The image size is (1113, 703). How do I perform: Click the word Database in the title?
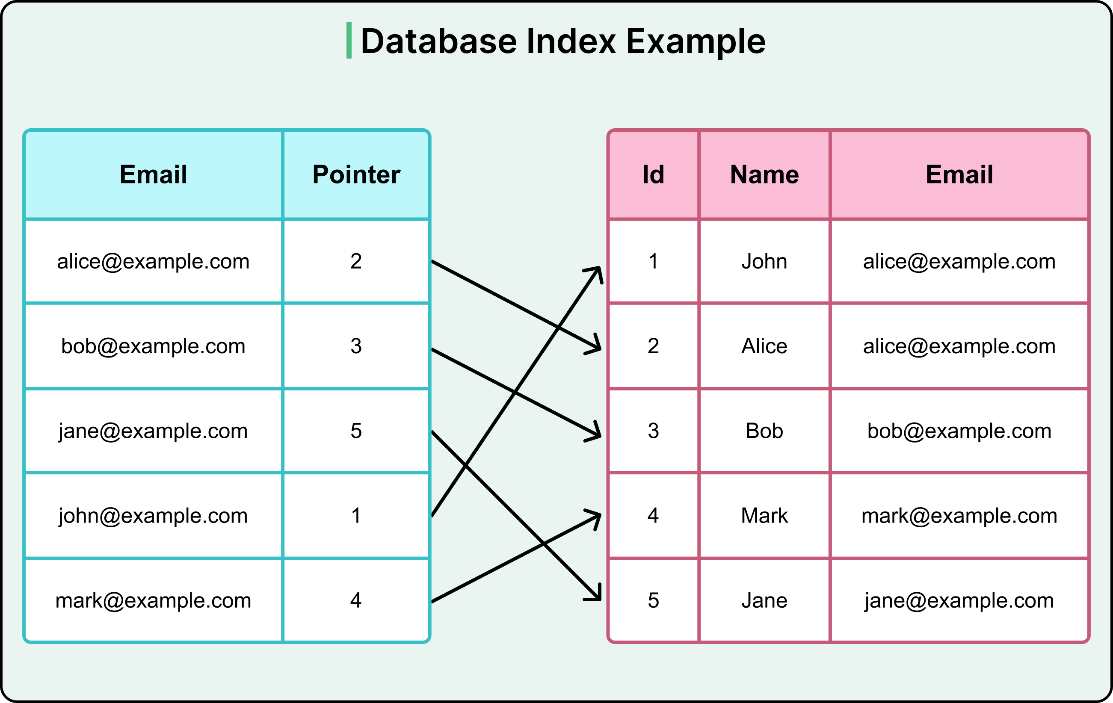pos(438,41)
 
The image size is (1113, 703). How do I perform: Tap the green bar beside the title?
pos(349,40)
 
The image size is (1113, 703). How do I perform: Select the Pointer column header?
pos(356,175)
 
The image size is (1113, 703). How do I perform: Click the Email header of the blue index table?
pos(153,175)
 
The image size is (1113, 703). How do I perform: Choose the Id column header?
pos(653,175)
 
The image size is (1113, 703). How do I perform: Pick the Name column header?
pos(764,175)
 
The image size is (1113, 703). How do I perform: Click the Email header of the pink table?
pos(959,175)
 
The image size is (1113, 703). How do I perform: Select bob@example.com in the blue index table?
pos(153,346)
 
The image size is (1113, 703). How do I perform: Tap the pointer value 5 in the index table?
pos(356,431)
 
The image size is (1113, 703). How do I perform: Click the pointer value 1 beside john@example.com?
pos(356,515)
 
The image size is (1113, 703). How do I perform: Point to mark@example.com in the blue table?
pos(153,600)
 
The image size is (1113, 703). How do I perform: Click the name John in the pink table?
pos(764,262)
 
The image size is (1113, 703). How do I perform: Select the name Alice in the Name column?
pos(764,346)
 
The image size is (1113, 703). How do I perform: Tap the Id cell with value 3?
pos(653,431)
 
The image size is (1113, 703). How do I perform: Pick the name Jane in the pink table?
pos(764,600)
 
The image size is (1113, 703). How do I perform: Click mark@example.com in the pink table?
pos(959,515)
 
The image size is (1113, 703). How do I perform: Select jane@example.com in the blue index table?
pos(153,431)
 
